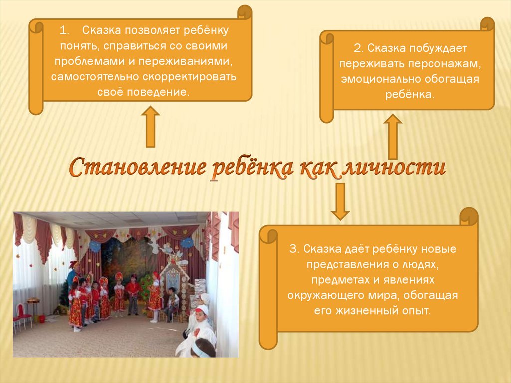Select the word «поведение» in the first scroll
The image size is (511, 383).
[x=158, y=92]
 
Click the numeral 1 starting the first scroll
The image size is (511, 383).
[x=64, y=30]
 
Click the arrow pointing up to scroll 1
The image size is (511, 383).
[x=150, y=126]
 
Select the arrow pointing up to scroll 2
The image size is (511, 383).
[x=392, y=137]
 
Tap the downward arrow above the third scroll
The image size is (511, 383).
[x=340, y=201]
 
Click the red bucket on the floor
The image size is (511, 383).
[x=42, y=319]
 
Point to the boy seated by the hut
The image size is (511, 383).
[x=172, y=303]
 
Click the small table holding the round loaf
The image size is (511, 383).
[x=33, y=305]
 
